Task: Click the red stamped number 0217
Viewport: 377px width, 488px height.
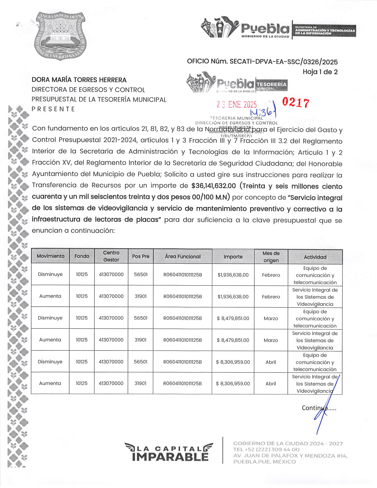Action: (x=296, y=103)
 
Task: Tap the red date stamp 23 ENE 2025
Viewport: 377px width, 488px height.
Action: (x=236, y=104)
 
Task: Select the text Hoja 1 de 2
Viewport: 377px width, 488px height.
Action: (x=320, y=72)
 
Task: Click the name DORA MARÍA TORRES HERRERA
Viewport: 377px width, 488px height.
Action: (x=79, y=80)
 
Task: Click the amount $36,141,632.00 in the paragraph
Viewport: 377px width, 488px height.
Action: (x=214, y=186)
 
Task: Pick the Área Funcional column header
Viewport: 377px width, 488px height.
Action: (x=183, y=256)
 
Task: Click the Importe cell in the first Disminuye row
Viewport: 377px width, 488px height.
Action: (x=233, y=275)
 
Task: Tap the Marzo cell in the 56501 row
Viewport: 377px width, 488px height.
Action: (x=271, y=318)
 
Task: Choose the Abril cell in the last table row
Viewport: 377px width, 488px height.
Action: (x=271, y=384)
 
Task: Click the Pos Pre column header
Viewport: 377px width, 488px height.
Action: (x=141, y=256)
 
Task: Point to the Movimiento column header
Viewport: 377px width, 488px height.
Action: (x=51, y=256)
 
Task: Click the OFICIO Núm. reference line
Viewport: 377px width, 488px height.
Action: (x=262, y=62)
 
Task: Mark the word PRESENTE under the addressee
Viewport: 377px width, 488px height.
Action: (x=53, y=109)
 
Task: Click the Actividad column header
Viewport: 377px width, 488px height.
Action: (x=315, y=257)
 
